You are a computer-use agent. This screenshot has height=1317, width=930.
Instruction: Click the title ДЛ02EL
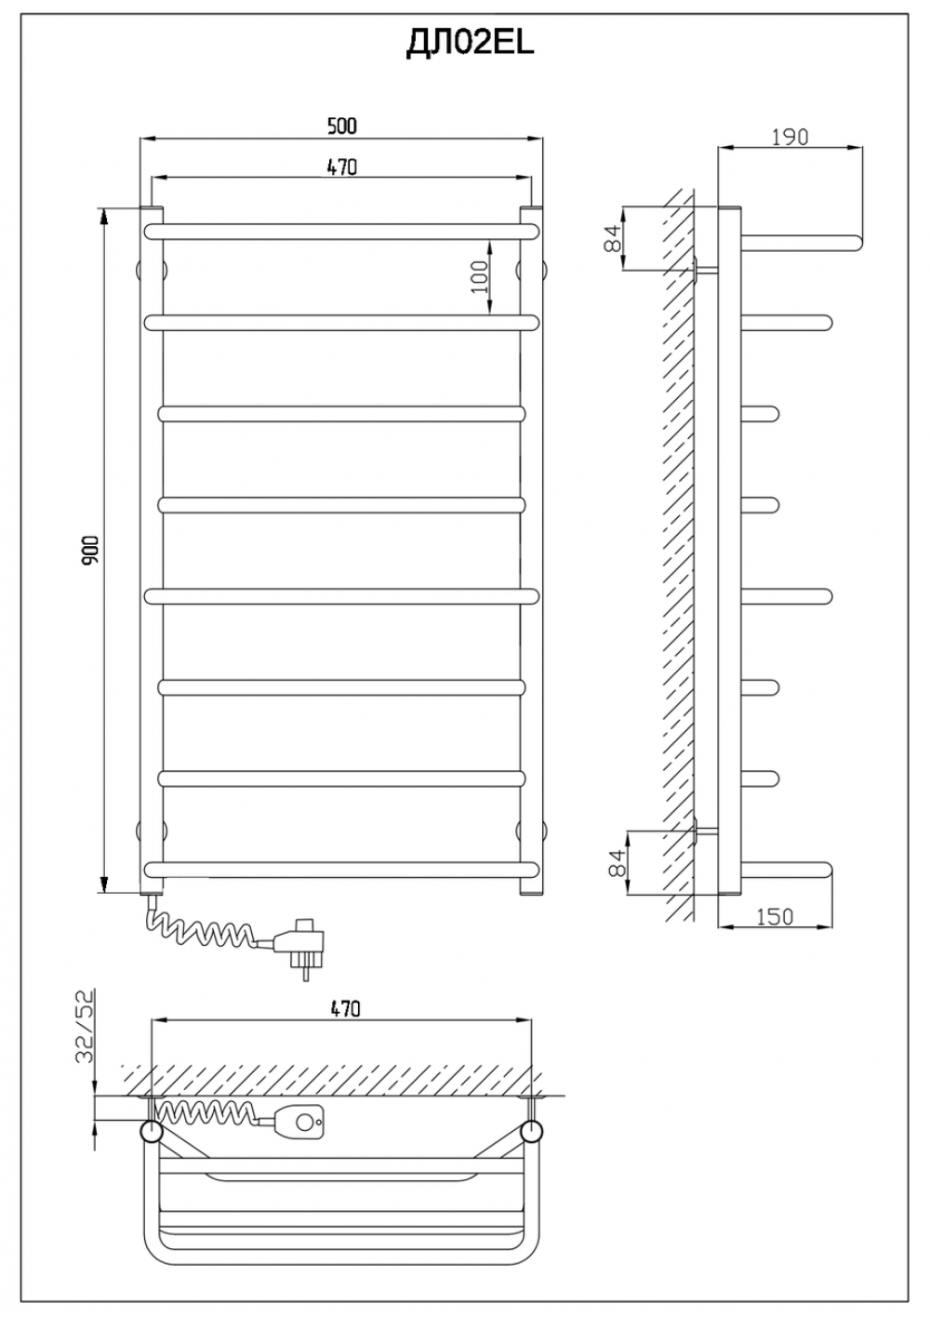470,44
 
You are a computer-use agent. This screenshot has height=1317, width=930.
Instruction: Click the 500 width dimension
342,126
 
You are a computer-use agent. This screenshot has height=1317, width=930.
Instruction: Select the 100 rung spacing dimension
479,276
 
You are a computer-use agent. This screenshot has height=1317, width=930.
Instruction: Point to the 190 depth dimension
790,137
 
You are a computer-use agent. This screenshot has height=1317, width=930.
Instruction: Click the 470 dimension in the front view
342,167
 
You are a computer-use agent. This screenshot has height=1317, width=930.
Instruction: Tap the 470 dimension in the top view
345,1008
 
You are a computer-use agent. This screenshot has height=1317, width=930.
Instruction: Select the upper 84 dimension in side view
613,238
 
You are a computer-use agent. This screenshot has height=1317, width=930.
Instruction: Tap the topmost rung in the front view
341,232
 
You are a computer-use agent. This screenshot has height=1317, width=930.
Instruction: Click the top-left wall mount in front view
151,271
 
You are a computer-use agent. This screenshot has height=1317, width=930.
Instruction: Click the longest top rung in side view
803,242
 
